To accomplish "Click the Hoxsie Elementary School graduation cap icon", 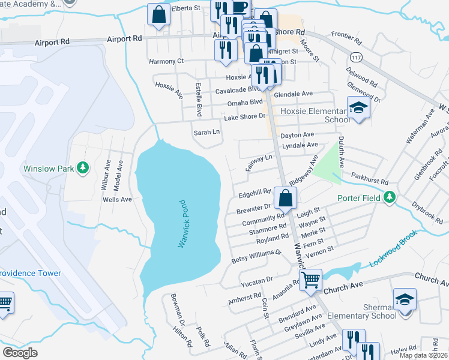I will tap(358, 109).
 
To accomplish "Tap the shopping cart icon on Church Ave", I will tap(311, 279).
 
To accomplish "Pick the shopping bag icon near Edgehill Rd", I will tap(286, 197).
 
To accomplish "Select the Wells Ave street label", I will tap(117, 199).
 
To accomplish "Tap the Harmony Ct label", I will tap(166, 61).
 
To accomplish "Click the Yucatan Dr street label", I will tap(256, 279).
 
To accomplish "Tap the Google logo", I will tap(20, 353).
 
